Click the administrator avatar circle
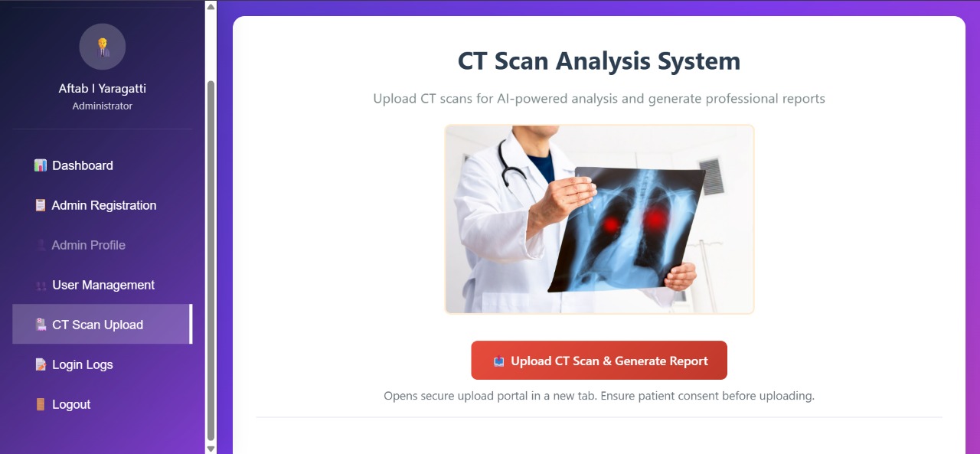[x=103, y=47]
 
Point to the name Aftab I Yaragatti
[x=103, y=88]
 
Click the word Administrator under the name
[x=103, y=106]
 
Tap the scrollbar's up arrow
[x=211, y=7]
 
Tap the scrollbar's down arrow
[x=211, y=449]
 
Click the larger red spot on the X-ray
[x=655, y=218]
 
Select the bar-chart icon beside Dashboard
[x=41, y=165]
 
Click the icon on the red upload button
[x=498, y=361]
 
